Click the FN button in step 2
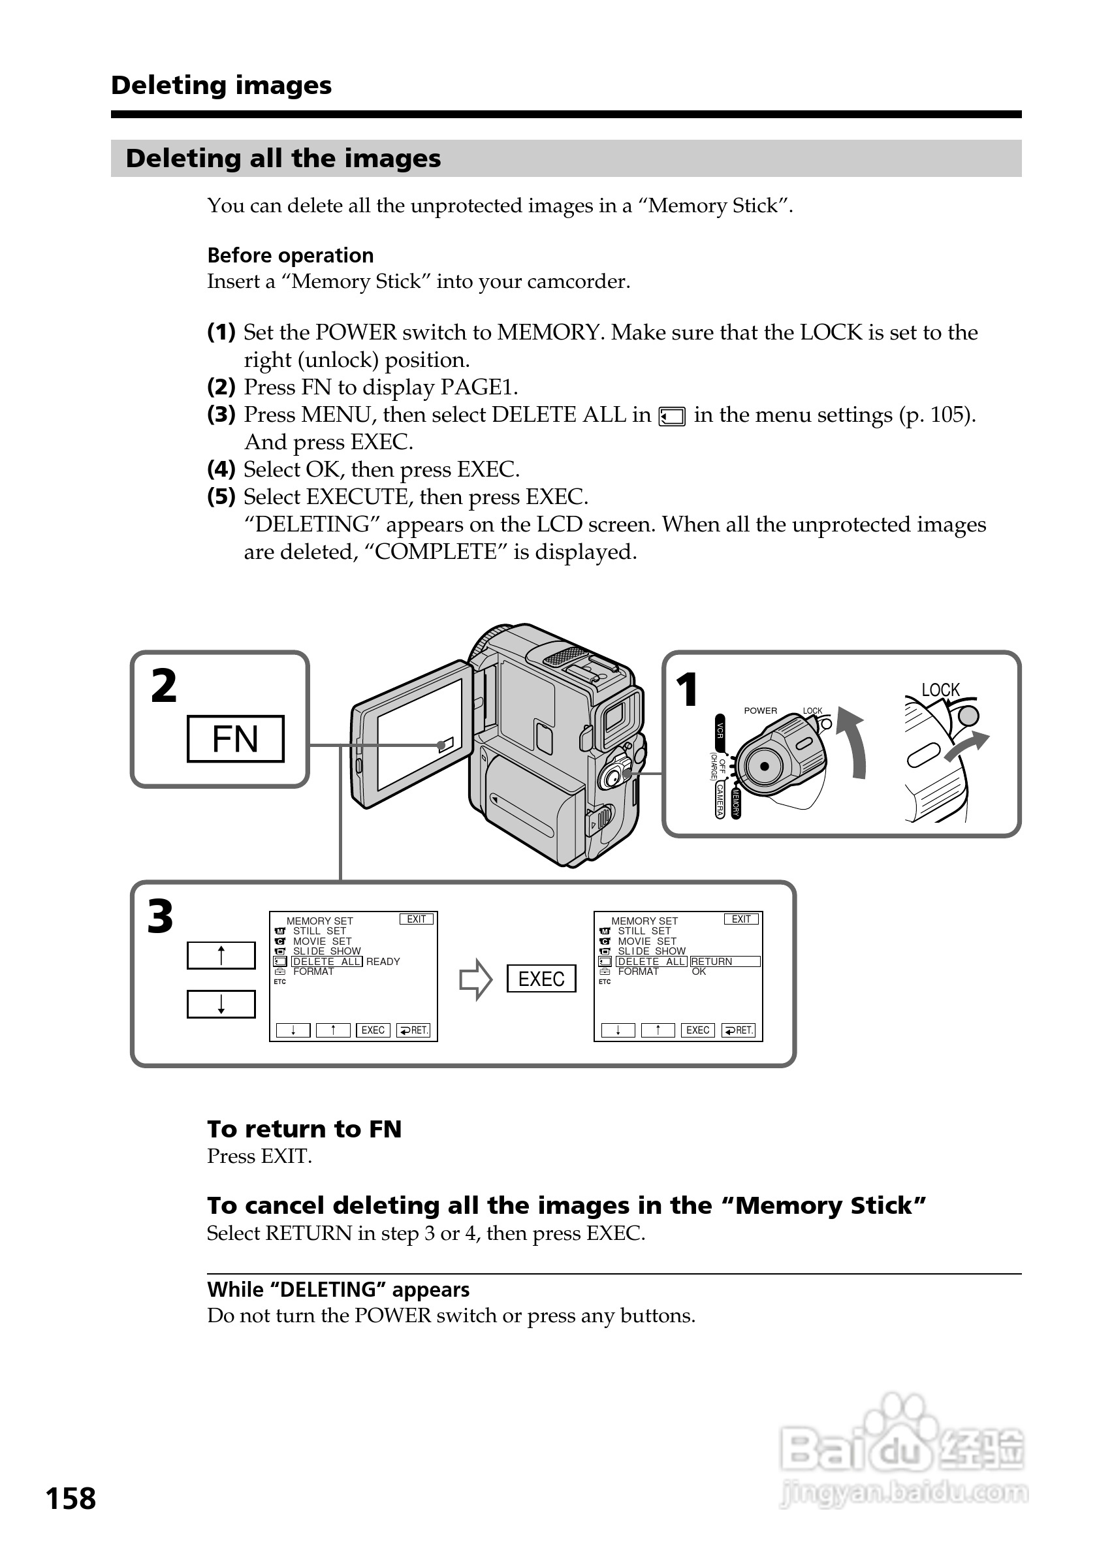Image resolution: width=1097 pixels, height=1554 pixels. point(236,738)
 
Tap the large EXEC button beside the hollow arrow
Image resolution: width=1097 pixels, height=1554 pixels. point(541,979)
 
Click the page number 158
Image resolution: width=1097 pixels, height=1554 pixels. point(71,1498)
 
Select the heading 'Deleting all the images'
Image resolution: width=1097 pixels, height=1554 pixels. point(283,159)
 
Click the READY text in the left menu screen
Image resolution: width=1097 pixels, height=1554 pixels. point(383,961)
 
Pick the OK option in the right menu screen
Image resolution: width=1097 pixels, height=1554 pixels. point(699,972)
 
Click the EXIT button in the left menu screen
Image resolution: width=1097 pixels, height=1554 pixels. point(416,919)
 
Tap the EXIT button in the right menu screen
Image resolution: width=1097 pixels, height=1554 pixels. point(741,919)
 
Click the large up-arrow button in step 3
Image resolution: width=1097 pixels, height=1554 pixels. point(221,956)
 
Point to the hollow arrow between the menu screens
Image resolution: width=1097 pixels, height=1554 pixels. point(475,979)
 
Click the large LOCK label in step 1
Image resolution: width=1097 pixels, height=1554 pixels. point(940,690)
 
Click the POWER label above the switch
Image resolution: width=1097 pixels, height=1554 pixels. point(760,710)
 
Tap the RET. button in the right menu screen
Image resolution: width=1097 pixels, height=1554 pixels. point(739,1030)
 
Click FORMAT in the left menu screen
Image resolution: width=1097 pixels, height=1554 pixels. point(313,972)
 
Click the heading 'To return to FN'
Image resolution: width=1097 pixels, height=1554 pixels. point(304,1129)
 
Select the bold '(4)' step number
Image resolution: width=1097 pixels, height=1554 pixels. point(221,469)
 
